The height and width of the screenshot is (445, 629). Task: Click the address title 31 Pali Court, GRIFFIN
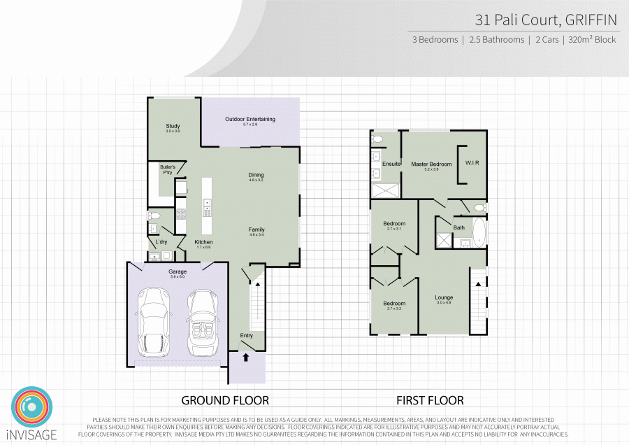(x=546, y=19)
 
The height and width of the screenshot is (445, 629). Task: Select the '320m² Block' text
(x=593, y=40)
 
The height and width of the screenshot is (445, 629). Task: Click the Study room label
(x=173, y=127)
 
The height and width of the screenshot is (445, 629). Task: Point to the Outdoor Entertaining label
(x=250, y=120)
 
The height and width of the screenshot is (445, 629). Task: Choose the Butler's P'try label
(x=168, y=169)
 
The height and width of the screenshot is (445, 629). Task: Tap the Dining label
(x=256, y=175)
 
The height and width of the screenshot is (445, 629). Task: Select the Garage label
(x=178, y=271)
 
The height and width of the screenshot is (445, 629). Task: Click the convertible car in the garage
(x=201, y=323)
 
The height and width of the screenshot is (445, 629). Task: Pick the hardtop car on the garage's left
(x=154, y=323)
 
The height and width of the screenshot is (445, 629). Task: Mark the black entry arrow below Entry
(x=246, y=356)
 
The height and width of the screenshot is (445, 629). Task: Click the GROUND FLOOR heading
(x=225, y=400)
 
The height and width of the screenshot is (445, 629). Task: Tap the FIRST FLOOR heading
(x=430, y=400)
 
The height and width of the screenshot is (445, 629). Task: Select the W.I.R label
(x=472, y=164)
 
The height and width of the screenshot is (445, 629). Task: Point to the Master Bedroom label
(x=431, y=164)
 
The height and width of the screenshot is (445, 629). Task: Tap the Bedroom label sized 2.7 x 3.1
(x=395, y=224)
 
